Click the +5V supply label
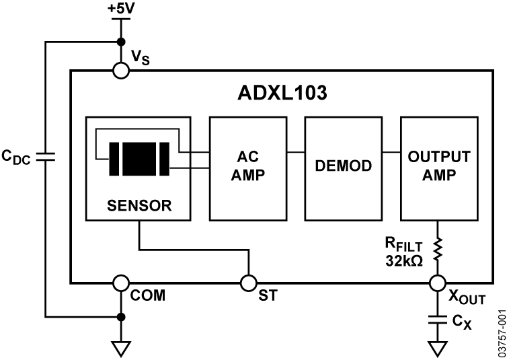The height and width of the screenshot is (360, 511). coord(120,9)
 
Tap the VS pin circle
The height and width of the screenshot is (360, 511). coord(120,70)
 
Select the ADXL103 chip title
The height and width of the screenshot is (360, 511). coord(282,93)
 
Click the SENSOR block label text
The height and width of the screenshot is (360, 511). coord(139,205)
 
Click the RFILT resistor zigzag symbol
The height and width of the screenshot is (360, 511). coord(438,248)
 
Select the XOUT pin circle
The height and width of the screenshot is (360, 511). coord(438,283)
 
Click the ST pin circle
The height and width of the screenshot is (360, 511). coord(249,283)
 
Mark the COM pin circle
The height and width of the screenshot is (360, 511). coord(120,283)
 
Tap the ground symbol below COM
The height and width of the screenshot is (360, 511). coord(120,349)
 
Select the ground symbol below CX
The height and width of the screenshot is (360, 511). coord(438,349)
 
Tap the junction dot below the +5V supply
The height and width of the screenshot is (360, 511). coord(120,42)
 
